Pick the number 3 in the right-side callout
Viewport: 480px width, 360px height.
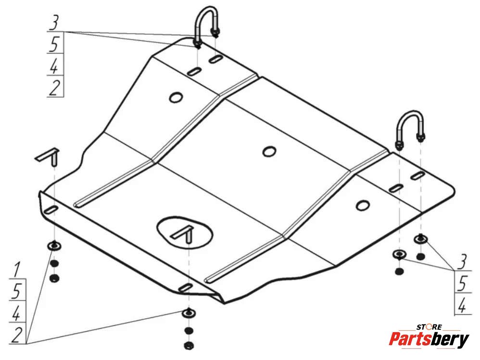(x=463, y=263)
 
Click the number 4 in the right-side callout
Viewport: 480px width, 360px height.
(x=463, y=304)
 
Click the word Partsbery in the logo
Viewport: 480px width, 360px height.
(x=429, y=339)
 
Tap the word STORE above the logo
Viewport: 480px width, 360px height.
(x=429, y=327)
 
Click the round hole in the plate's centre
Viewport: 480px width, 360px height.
(x=269, y=151)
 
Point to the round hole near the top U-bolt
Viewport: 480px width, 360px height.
(x=176, y=97)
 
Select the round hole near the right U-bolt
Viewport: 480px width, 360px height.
(x=361, y=205)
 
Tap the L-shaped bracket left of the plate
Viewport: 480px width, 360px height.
(x=50, y=155)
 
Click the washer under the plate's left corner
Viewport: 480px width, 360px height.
(x=54, y=246)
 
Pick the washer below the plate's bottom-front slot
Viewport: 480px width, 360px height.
(x=188, y=313)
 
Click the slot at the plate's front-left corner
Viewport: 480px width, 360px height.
(x=51, y=210)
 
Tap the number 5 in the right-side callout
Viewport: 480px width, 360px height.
(x=463, y=284)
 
